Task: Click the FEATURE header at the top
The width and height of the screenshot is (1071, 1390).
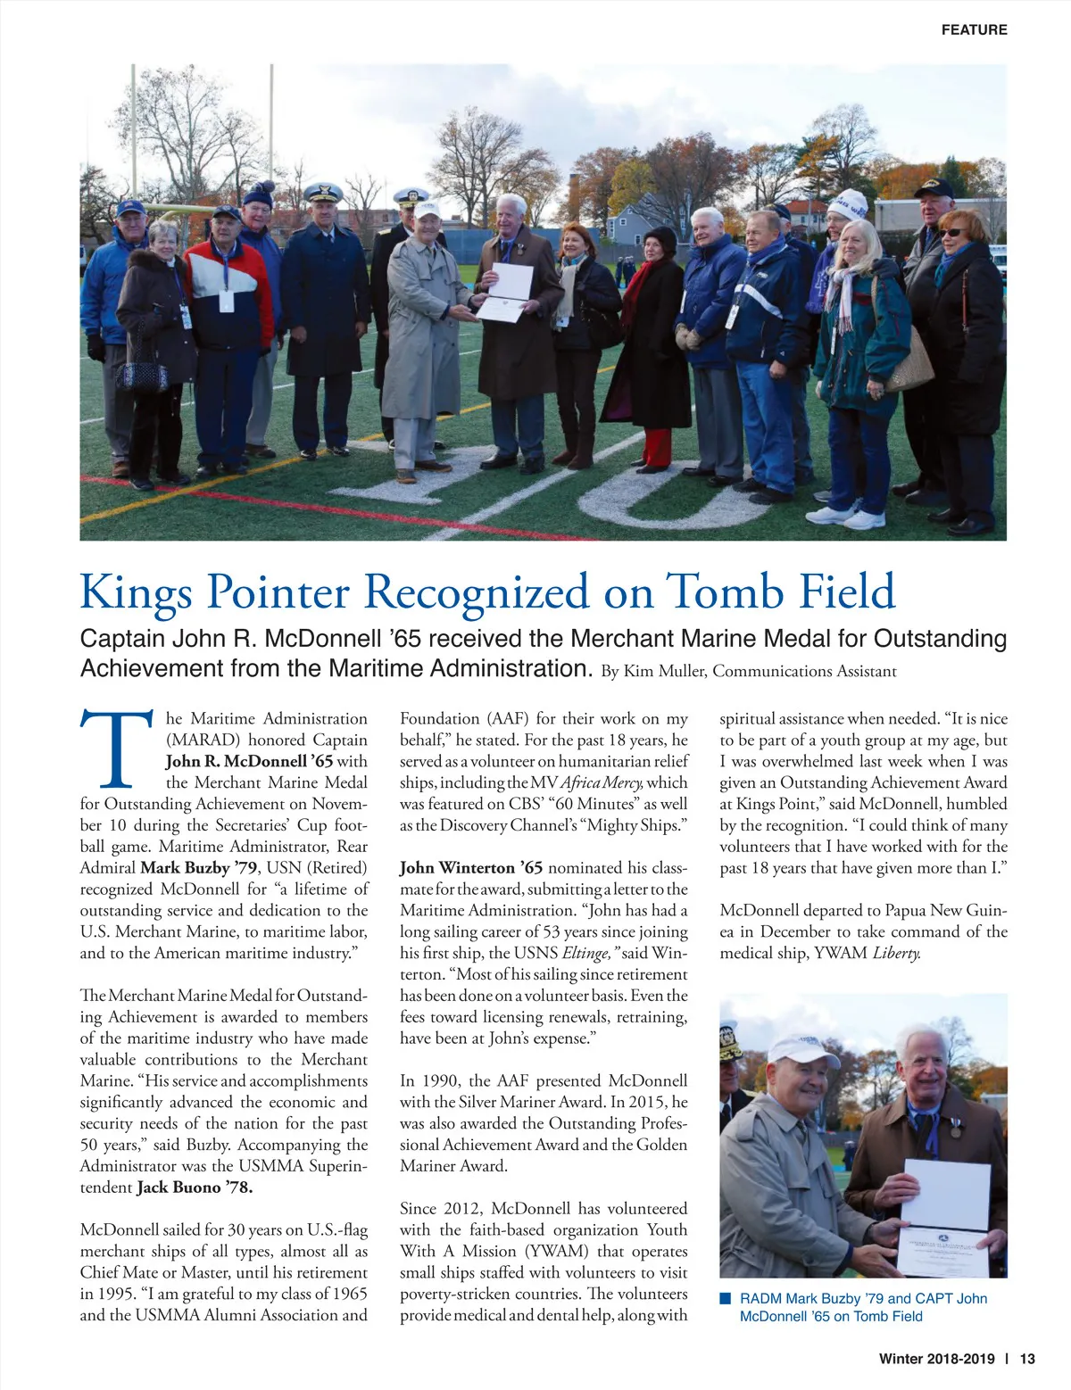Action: pyautogui.click(x=974, y=29)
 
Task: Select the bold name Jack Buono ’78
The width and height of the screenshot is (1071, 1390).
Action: pyautogui.click(x=195, y=1187)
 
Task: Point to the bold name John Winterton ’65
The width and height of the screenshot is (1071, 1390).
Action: pyautogui.click(x=470, y=867)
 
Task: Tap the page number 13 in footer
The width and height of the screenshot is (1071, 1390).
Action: pyautogui.click(x=1027, y=1359)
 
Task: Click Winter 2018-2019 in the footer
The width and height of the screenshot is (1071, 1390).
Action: pyautogui.click(x=936, y=1359)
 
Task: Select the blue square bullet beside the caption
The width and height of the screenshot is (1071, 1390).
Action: pyautogui.click(x=726, y=1298)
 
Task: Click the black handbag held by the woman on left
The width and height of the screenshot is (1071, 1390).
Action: pyautogui.click(x=143, y=376)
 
